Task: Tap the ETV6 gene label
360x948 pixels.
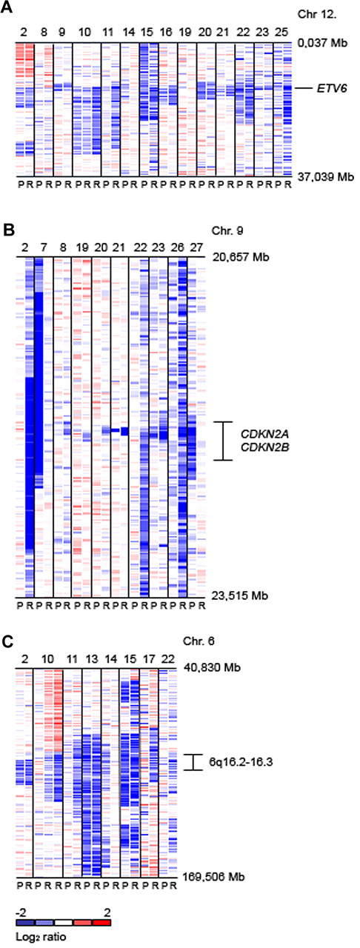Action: coord(330,87)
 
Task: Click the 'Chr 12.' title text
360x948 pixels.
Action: coord(319,15)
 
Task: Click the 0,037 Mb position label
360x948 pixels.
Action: coord(324,44)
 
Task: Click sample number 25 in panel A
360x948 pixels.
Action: coord(283,33)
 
